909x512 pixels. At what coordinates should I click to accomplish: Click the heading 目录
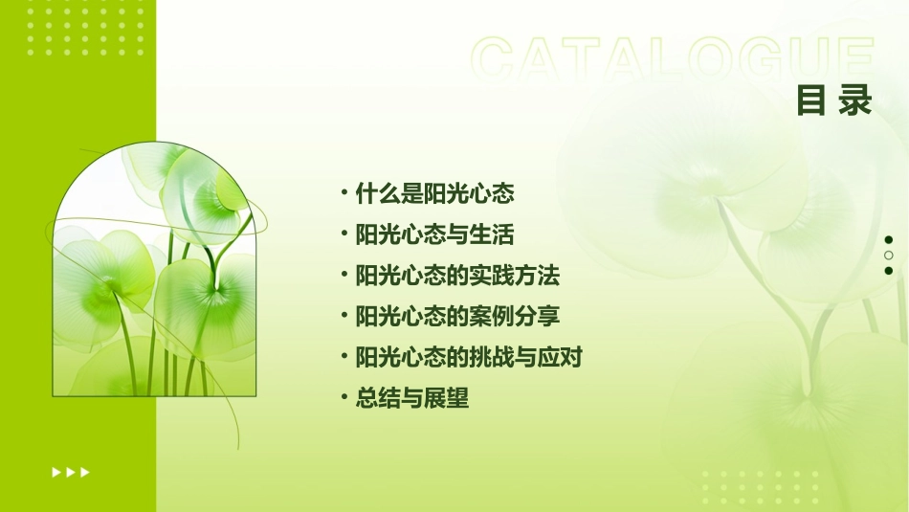(x=834, y=100)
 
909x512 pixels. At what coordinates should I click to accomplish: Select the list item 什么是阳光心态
(x=434, y=193)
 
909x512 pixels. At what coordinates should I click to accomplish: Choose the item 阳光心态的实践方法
(x=457, y=276)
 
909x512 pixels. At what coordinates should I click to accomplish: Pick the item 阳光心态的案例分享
(x=457, y=316)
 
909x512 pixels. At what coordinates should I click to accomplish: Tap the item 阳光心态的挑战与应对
(x=469, y=357)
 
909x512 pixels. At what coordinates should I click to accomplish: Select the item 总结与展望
(x=412, y=398)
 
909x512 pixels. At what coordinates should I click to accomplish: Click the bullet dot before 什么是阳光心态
(x=344, y=193)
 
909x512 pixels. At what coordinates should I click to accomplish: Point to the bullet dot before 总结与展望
(x=344, y=398)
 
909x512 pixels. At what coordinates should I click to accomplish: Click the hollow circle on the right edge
(x=889, y=256)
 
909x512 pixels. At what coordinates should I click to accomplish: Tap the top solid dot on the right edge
(x=889, y=240)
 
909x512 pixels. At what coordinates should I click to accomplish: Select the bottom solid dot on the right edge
(x=889, y=271)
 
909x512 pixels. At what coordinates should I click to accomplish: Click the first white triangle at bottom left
(x=55, y=472)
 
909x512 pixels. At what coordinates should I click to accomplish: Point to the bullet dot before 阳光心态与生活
(x=344, y=234)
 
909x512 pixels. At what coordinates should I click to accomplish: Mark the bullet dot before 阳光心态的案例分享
(x=344, y=316)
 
